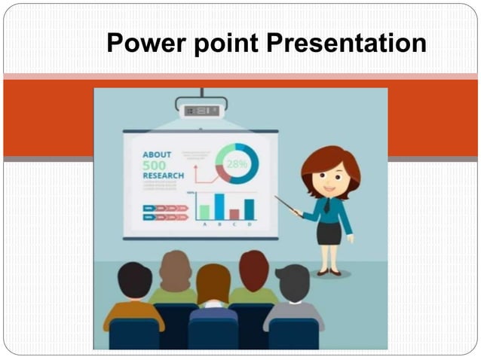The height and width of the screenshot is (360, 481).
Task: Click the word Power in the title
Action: point(140,43)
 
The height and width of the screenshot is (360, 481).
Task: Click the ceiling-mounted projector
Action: point(201,108)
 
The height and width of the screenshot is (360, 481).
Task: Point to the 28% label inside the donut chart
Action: point(237,164)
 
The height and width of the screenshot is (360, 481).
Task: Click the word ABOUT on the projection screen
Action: point(157,154)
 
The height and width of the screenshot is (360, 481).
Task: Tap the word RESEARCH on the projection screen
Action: point(163,175)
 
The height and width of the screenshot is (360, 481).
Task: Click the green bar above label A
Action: point(204,212)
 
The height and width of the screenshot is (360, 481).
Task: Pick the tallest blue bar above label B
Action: point(219,206)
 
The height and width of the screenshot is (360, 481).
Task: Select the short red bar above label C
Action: point(234,214)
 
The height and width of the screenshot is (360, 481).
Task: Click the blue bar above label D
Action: point(249,209)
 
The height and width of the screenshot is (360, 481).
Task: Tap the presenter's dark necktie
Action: point(327,206)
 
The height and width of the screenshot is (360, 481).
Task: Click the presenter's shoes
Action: point(329,271)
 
